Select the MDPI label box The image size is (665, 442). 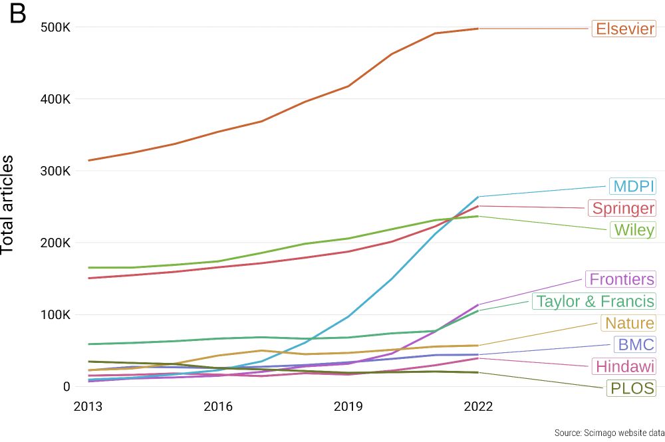pos(633,186)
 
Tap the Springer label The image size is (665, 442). pos(623,208)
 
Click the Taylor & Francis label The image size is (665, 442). pos(595,301)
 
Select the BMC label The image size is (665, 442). pos(636,344)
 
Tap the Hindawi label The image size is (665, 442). pos(625,366)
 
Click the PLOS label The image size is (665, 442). pos(631,388)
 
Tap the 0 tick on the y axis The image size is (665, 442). pos(65,386)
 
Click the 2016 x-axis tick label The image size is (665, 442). pos(217,406)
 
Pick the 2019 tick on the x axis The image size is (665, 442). pos(347,406)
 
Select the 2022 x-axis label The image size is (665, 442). pos(477,406)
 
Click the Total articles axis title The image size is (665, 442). pos(8,205)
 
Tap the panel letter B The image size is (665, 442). pos(17,14)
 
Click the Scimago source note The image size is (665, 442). pos(609,433)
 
